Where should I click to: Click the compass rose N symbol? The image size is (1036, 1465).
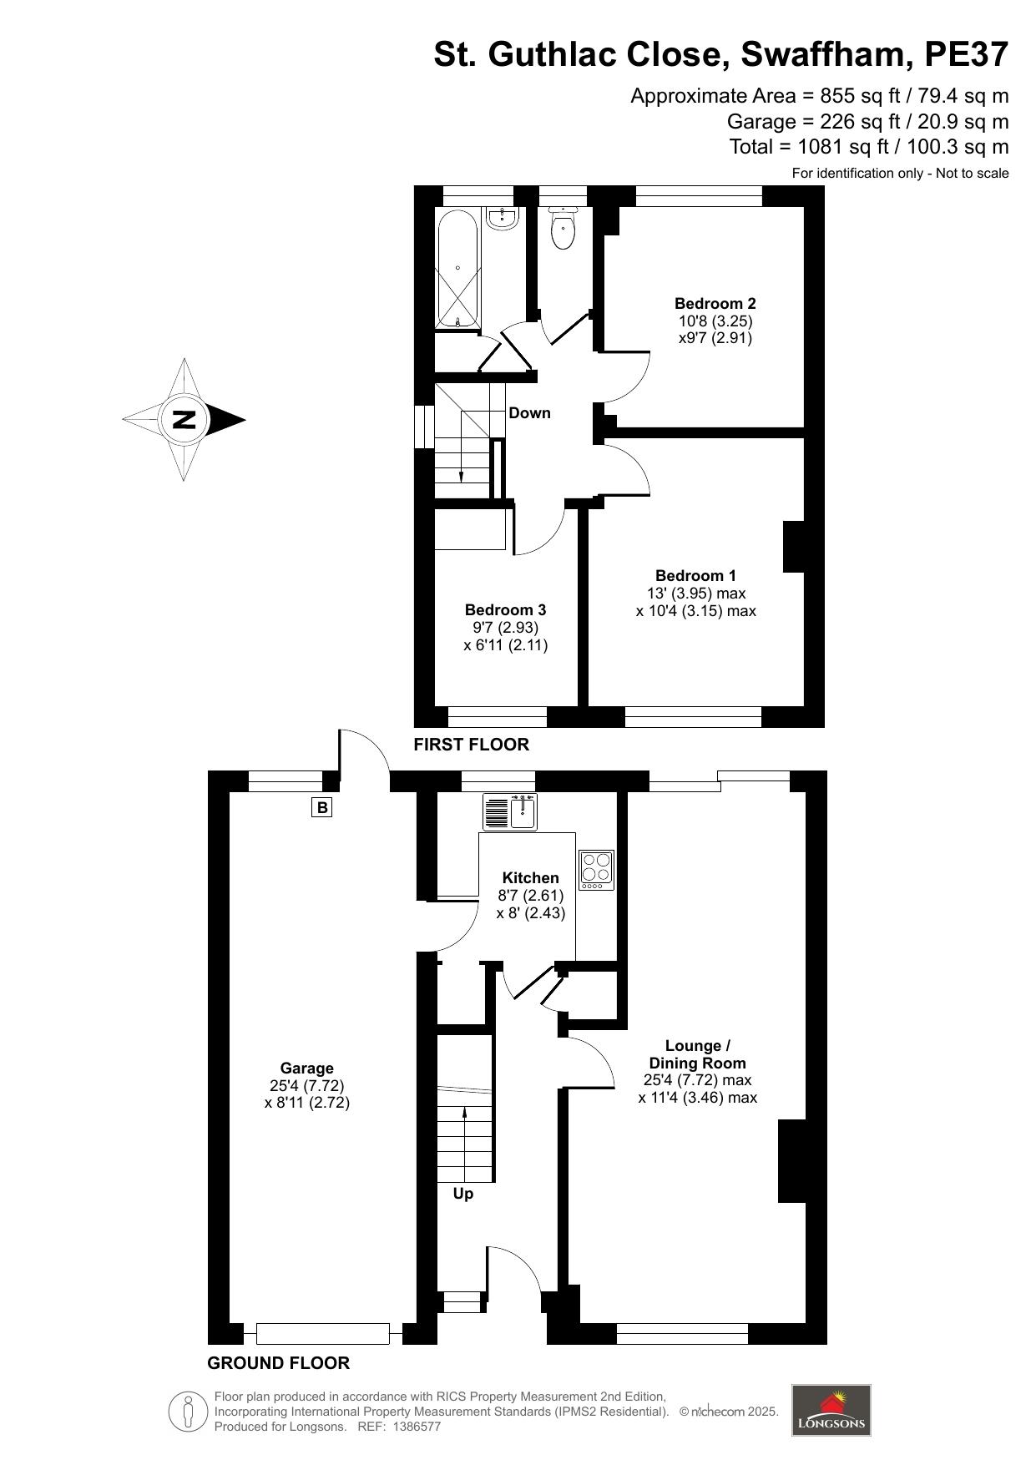(184, 419)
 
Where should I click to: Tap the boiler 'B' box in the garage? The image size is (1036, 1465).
(321, 807)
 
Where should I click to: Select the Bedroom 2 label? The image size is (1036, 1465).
(715, 303)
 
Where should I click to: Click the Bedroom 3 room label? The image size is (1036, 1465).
(505, 609)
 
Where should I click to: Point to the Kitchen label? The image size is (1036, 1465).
(530, 877)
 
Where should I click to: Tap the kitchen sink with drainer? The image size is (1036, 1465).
(510, 812)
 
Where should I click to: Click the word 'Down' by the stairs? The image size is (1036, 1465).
(529, 412)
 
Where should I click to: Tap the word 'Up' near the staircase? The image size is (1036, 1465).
(462, 1194)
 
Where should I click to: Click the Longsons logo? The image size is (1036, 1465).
(831, 1410)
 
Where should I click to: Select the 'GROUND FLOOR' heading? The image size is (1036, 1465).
(278, 1363)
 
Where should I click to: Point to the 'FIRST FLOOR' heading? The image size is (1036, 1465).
(471, 745)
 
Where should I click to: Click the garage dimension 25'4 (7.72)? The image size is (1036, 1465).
(306, 1085)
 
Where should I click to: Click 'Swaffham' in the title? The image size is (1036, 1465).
(821, 55)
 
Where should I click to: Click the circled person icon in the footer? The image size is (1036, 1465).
(189, 1412)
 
